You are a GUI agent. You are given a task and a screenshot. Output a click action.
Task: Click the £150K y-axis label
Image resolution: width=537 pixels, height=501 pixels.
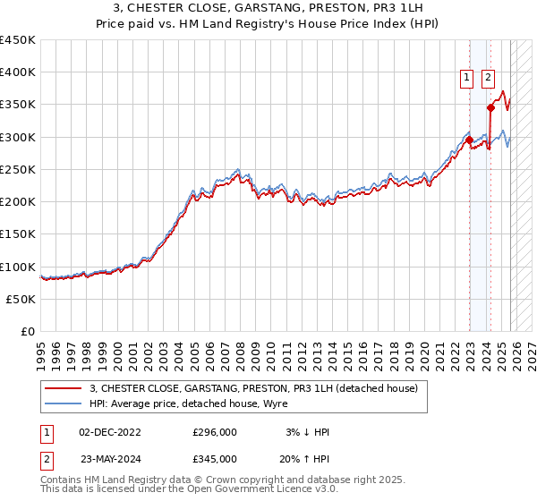(18, 234)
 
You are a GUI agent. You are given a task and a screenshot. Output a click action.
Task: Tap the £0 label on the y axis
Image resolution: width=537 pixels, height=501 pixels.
(29, 332)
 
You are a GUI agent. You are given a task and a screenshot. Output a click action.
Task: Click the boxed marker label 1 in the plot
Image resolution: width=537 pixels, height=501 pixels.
(467, 78)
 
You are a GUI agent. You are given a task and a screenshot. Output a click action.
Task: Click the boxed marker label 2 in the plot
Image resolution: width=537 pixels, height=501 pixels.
(488, 78)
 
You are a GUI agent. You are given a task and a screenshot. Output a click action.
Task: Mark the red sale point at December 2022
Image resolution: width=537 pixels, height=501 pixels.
(469, 140)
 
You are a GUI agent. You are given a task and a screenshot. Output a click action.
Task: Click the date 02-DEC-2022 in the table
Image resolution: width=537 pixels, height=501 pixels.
(110, 432)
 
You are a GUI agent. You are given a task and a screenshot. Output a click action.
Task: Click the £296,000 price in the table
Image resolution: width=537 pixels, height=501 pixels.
(216, 432)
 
